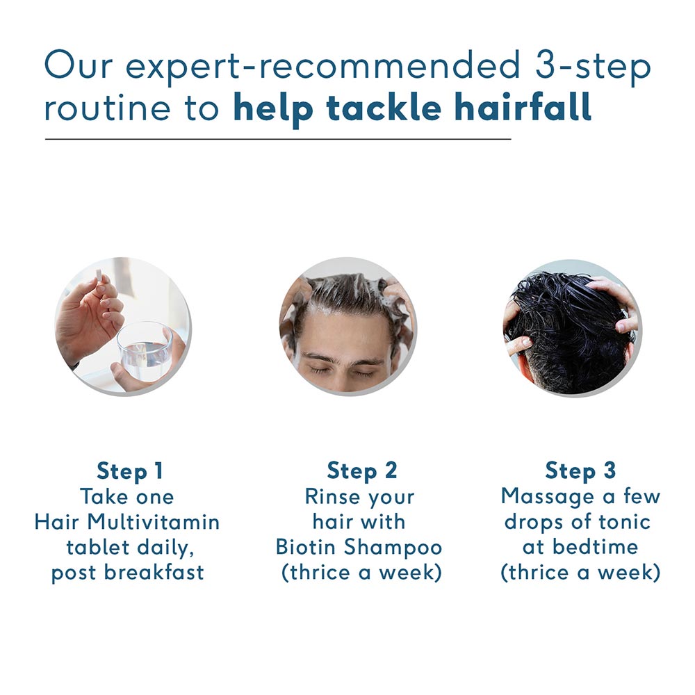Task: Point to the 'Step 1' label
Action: pyautogui.click(x=129, y=471)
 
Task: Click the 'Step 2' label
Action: pyautogui.click(x=362, y=471)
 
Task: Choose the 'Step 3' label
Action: pyautogui.click(x=580, y=471)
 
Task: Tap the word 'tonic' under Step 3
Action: pyautogui.click(x=625, y=521)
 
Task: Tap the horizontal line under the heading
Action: pyautogui.click(x=278, y=140)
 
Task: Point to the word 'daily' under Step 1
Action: pyautogui.click(x=165, y=547)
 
